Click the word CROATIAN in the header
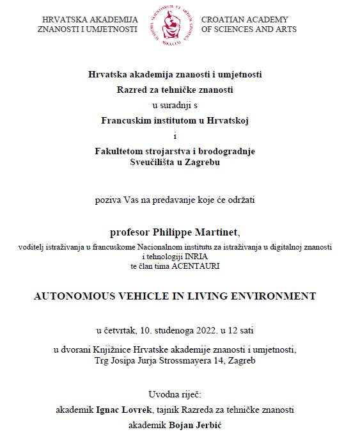pos(222,20)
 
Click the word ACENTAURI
pos(196,266)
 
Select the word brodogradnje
pos(226,151)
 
